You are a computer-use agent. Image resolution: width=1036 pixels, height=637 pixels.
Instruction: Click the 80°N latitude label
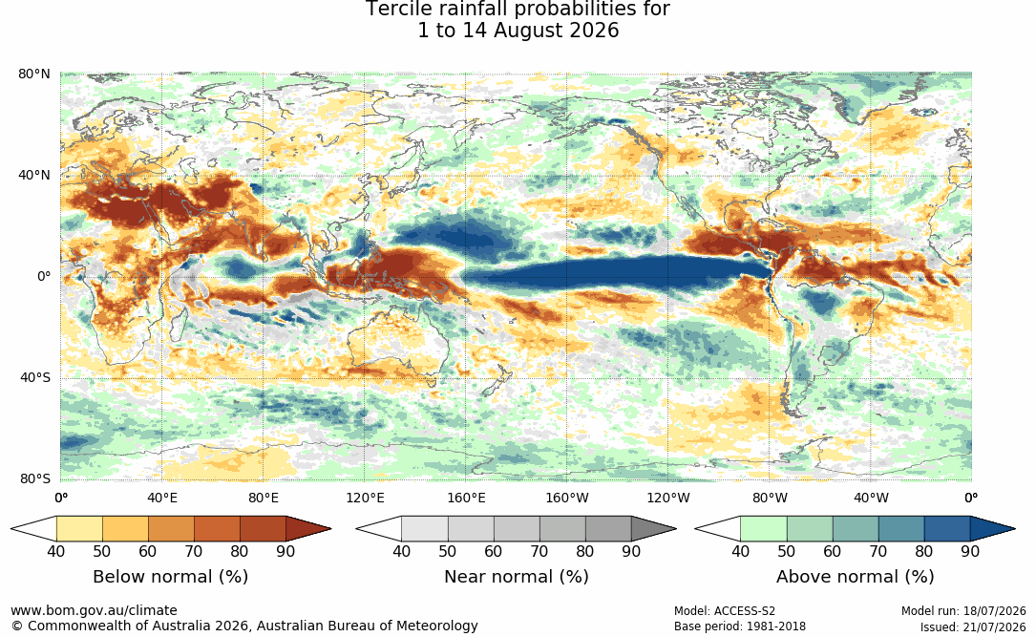(x=33, y=74)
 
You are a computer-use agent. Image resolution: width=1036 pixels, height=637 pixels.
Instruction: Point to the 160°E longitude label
(x=466, y=498)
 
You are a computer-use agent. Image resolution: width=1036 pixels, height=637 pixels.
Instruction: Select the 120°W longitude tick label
(x=668, y=498)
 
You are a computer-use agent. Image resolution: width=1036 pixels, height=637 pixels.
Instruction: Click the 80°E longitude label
(x=264, y=498)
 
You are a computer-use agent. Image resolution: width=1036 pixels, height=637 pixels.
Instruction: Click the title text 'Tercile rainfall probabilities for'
(x=518, y=10)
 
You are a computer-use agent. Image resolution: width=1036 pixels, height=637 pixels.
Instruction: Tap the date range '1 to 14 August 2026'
(x=518, y=31)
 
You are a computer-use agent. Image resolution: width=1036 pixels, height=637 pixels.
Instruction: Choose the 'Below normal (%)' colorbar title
(x=171, y=576)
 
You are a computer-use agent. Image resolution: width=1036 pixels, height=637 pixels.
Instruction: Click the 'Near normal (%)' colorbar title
(x=516, y=576)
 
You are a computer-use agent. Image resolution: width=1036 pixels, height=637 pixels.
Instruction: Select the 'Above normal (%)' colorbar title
(x=855, y=576)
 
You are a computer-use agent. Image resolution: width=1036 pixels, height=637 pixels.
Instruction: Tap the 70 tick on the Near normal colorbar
(x=539, y=551)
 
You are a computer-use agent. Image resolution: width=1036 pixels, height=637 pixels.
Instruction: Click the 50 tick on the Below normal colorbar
(x=102, y=551)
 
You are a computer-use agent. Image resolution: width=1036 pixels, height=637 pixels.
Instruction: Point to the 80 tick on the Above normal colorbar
(x=923, y=551)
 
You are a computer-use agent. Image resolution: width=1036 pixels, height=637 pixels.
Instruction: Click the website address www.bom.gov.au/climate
(x=94, y=610)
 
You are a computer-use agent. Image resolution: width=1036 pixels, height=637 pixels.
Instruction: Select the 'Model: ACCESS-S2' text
(x=724, y=611)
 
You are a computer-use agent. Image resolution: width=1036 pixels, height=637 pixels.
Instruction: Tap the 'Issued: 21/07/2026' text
(x=973, y=626)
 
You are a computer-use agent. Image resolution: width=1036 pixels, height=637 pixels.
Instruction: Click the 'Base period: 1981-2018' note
(x=740, y=626)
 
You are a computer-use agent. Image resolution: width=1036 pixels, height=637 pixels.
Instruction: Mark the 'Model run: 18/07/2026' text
(x=963, y=611)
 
